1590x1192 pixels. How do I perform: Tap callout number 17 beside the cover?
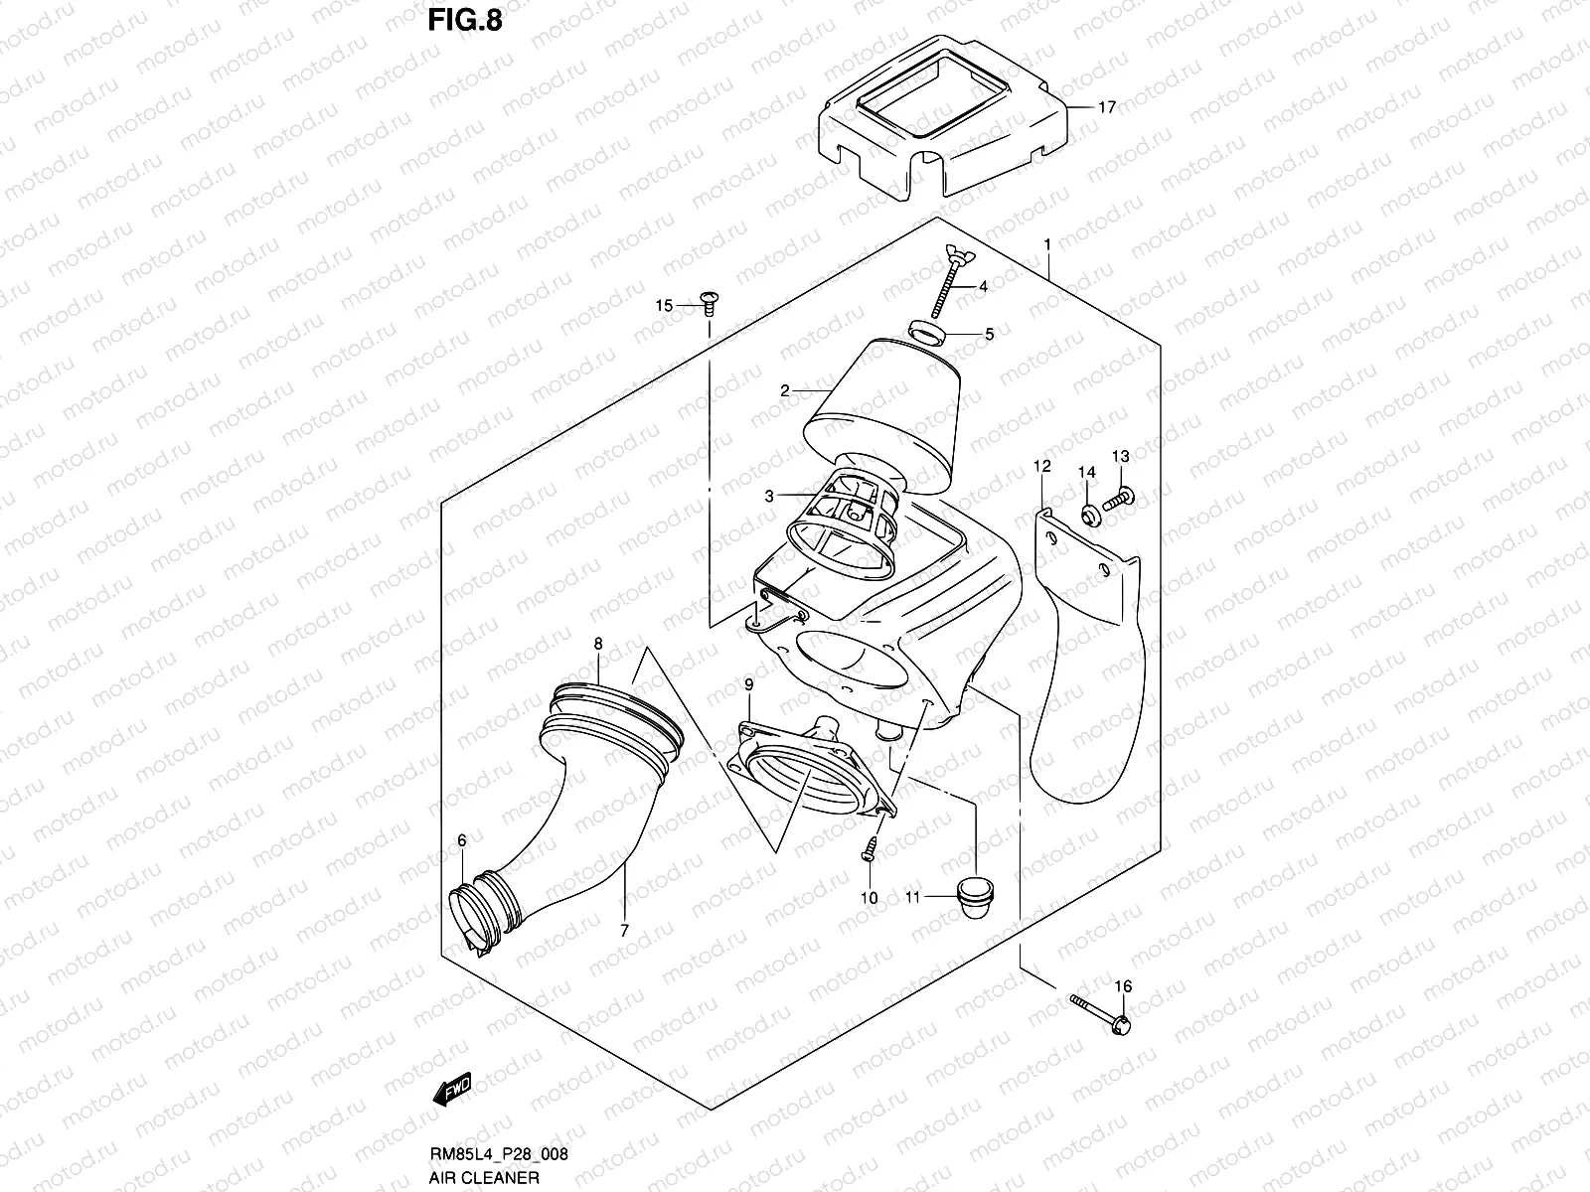pos(1107,107)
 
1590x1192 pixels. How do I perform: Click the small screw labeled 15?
pos(708,299)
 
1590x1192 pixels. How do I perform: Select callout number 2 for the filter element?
pos(784,390)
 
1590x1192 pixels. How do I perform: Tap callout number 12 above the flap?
pos(1040,466)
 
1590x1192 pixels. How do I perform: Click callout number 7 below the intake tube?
pos(623,930)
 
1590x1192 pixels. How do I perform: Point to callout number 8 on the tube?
pos(598,644)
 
